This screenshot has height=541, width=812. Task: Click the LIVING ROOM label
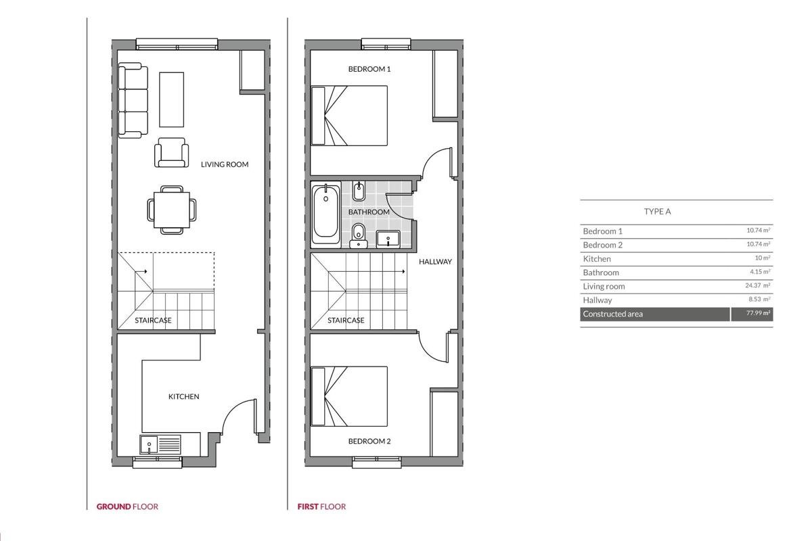[225, 164]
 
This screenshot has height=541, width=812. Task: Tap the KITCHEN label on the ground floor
[184, 397]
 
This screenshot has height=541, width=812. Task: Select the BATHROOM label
[369, 212]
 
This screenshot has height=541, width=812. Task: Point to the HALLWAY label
[435, 262]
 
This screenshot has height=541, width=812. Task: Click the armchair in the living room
[171, 152]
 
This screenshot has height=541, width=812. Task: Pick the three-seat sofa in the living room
[133, 100]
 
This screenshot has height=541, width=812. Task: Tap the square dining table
[172, 210]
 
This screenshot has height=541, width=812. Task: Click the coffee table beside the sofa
[171, 99]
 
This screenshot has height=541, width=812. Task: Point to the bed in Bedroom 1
[349, 116]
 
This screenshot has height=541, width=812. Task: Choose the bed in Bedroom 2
[349, 396]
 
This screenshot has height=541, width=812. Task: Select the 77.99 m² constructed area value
[758, 313]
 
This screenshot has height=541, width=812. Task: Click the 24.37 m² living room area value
[758, 285]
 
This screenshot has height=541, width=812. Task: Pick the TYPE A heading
[657, 212]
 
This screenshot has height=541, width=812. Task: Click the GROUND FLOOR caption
[127, 507]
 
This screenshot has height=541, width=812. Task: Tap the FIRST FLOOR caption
[321, 507]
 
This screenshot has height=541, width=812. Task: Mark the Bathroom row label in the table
[601, 273]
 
